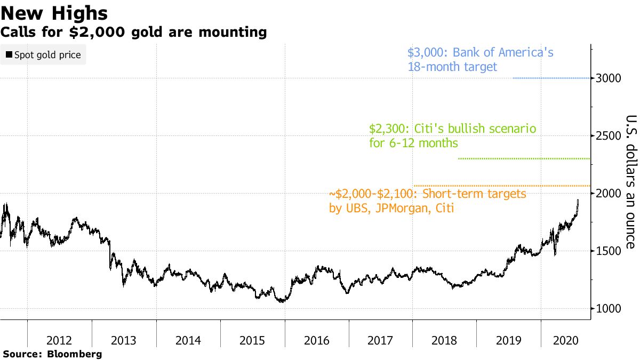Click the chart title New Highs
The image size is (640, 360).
[55, 13]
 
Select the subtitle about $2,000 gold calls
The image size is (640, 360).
[134, 32]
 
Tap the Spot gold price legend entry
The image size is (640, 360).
[43, 55]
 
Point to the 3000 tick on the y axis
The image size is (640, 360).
[609, 78]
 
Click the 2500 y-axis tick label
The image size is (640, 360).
[609, 136]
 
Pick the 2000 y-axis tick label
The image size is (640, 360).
[609, 194]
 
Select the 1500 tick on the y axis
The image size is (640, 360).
[609, 251]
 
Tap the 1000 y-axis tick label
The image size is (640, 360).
[609, 309]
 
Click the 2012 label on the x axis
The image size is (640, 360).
[60, 340]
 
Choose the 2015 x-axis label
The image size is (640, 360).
[252, 340]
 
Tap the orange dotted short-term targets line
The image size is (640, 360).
[501, 186]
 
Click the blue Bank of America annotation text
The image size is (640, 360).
[480, 60]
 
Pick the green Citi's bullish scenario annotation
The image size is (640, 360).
[452, 136]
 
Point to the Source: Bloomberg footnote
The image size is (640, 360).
[52, 354]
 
